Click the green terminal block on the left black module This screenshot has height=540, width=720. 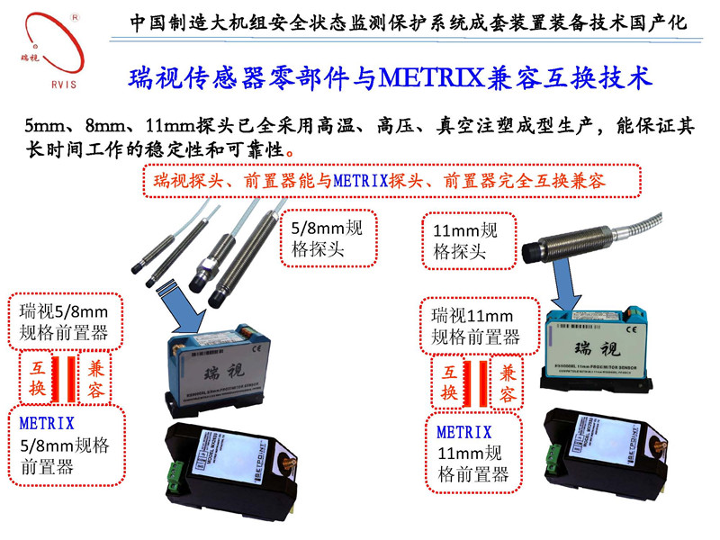174,470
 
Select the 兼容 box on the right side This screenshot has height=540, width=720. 508,383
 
